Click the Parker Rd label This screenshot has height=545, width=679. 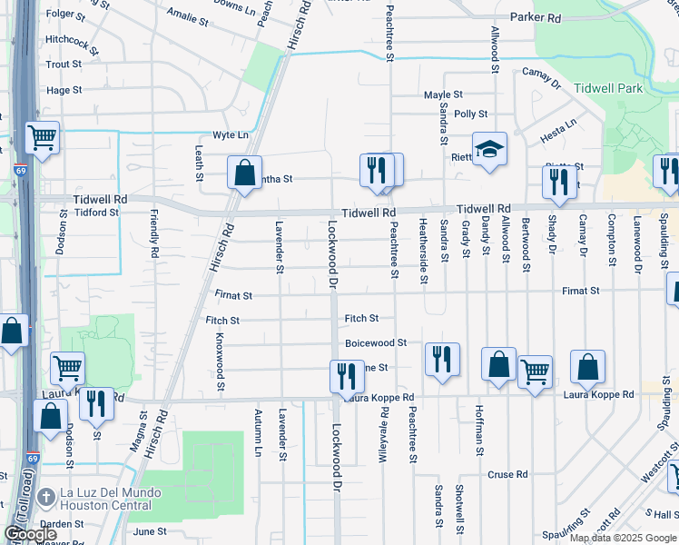pos(536,17)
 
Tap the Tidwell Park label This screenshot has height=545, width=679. pos(607,88)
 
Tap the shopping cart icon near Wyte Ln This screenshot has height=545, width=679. pos(42,138)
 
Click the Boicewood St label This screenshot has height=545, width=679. pos(376,343)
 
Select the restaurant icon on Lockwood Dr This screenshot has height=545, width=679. pos(346,375)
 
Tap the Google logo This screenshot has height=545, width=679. pos(30,534)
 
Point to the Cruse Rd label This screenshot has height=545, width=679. pos(507,474)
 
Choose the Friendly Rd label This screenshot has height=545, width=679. pos(155,234)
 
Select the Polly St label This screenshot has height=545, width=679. pos(471,114)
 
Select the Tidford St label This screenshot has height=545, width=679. pos(97,213)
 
